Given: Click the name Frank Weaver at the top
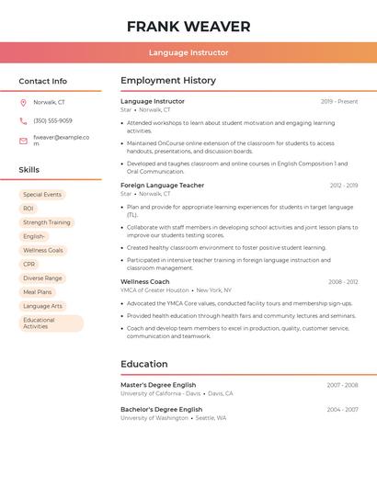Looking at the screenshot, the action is pyautogui.click(x=188, y=26).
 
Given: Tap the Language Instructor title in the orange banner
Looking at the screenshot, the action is pyautogui.click(x=188, y=52).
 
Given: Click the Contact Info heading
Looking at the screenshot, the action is pyautogui.click(x=43, y=81).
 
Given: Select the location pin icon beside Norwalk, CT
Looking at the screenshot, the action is pyautogui.click(x=23, y=102).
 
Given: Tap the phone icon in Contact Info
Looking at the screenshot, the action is pyautogui.click(x=23, y=120).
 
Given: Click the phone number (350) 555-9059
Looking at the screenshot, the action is pyautogui.click(x=52, y=120).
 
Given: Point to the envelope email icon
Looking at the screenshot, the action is pyautogui.click(x=23, y=141).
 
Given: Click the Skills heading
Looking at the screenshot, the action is pyautogui.click(x=29, y=170).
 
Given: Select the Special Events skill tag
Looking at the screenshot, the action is pyautogui.click(x=42, y=195).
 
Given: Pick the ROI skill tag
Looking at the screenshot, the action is pyautogui.click(x=29, y=209).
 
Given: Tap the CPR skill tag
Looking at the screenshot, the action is pyautogui.click(x=29, y=264).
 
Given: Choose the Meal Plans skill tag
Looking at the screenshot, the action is pyautogui.click(x=38, y=292).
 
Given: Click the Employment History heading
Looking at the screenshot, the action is pyautogui.click(x=168, y=81).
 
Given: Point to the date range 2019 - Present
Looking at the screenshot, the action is pyautogui.click(x=339, y=101).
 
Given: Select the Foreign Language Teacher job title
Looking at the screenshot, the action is pyautogui.click(x=163, y=186).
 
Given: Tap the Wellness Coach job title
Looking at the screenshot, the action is pyautogui.click(x=145, y=282).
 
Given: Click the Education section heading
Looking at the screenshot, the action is pyautogui.click(x=144, y=364).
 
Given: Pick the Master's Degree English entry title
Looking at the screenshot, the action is pyautogui.click(x=158, y=385).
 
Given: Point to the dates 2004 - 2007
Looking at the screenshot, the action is pyautogui.click(x=342, y=409).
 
